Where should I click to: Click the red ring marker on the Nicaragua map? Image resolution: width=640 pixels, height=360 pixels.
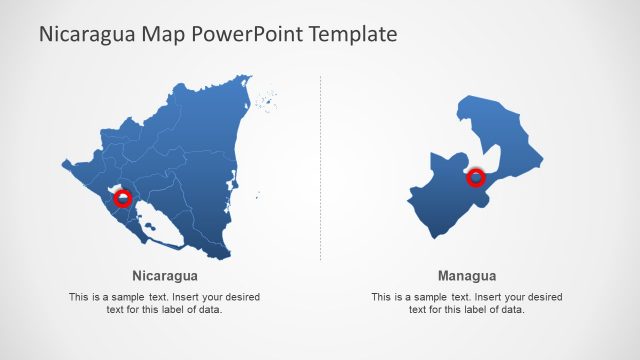[123, 198]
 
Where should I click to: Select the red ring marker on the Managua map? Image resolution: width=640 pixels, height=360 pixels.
[476, 178]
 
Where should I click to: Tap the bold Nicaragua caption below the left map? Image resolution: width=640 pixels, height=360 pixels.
[164, 276]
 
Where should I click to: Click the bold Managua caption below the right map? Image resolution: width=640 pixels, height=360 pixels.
[467, 276]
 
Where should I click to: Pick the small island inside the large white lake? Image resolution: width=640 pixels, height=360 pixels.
[150, 226]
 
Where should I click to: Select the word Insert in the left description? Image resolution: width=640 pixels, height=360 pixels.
[189, 297]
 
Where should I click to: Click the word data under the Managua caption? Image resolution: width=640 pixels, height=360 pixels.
[510, 310]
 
